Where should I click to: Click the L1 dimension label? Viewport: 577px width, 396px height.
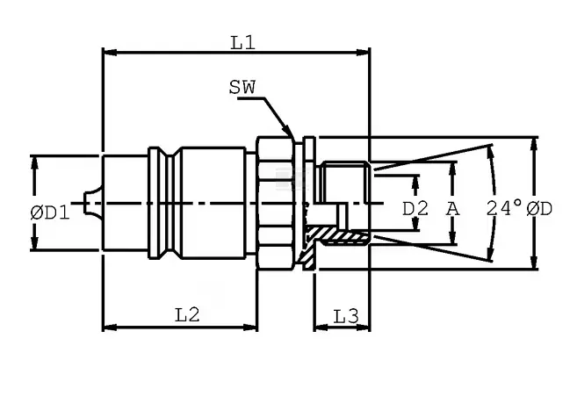coord(243,43)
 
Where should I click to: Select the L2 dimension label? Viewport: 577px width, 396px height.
coord(187,315)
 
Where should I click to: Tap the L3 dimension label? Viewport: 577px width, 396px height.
coord(346,316)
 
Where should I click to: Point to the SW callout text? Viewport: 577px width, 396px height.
coord(242,88)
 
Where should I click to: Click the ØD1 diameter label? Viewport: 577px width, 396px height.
coord(50,212)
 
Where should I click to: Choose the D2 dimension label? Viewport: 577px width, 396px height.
coord(415,209)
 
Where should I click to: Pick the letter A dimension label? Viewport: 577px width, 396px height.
coord(453,209)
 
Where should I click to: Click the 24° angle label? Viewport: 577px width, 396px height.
coord(504,208)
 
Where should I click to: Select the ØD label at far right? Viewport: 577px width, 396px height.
coord(539,209)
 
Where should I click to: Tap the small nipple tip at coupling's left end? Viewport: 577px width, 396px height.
coord(84,203)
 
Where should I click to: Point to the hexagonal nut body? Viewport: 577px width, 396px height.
coord(276,203)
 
